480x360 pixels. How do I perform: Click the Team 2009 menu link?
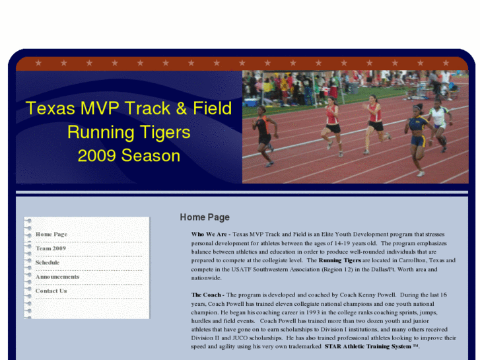51,248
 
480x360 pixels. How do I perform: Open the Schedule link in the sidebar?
48,262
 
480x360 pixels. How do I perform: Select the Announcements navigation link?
57,277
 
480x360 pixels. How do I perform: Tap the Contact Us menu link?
51,291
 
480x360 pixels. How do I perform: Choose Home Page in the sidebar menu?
51,234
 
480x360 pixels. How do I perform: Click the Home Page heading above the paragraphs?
205,217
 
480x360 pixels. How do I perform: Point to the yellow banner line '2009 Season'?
129,156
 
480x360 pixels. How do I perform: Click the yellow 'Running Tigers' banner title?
129,132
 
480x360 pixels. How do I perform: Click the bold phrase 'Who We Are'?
209,234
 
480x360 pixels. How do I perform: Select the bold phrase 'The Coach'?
206,295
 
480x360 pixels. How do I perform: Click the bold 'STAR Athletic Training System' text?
367,346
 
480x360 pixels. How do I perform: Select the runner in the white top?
438,122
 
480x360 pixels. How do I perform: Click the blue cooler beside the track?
252,102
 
